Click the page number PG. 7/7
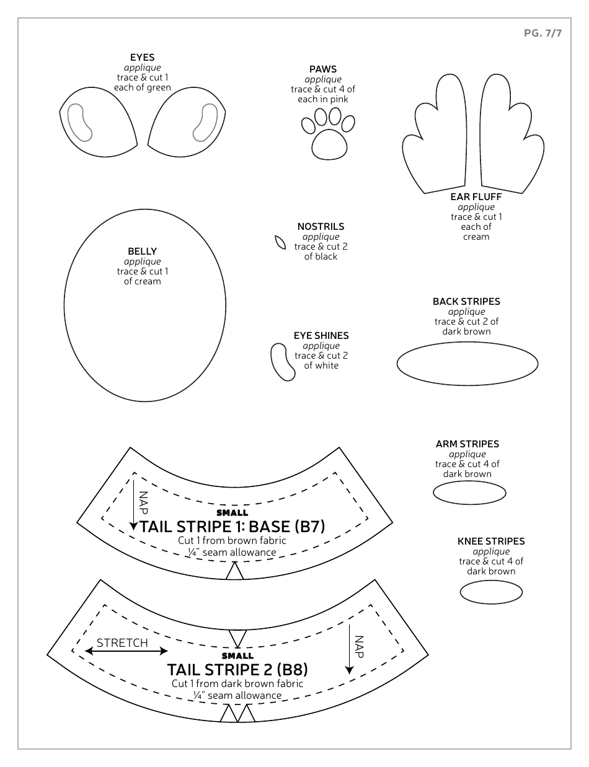542,33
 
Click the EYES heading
142,58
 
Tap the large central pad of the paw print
329,145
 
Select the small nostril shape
280,242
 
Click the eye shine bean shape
282,361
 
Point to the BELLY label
142,252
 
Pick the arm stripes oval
469,493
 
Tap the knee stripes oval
491,592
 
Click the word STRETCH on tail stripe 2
122,642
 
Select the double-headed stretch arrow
126,651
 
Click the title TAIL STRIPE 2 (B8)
237,669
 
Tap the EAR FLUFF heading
476,197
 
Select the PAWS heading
323,69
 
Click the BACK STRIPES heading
466,302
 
